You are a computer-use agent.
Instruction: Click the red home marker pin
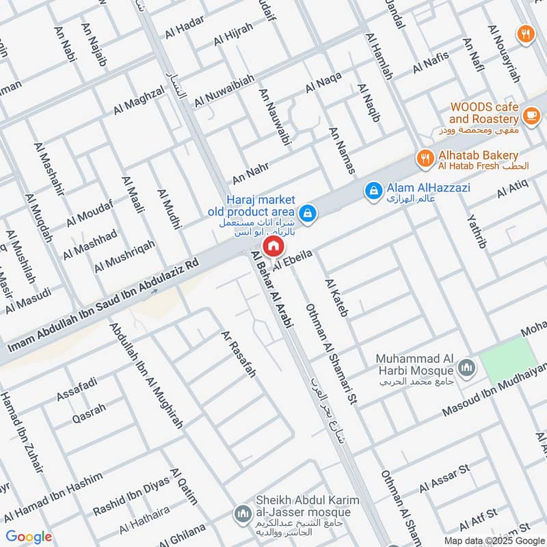point(273,246)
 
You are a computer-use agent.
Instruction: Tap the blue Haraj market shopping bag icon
point(308,213)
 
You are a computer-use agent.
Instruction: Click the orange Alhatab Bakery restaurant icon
point(425,159)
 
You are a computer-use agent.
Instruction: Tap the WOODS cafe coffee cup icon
point(529,114)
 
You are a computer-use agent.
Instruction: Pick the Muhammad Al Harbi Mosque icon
point(467,369)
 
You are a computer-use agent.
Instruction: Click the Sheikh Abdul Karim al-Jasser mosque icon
point(242,512)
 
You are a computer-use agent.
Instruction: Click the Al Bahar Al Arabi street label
point(272,290)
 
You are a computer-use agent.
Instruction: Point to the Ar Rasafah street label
point(238,354)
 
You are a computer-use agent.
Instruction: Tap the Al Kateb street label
point(337,298)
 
